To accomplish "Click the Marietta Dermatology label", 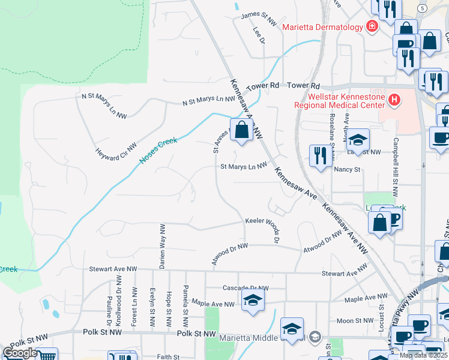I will pyautogui.click(x=322, y=27).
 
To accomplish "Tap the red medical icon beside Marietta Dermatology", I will pyautogui.click(x=372, y=27).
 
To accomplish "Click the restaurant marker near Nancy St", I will pyautogui.click(x=319, y=155).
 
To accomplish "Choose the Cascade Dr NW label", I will pyautogui.click(x=244, y=287).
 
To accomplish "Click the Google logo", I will pyautogui.click(x=20, y=353).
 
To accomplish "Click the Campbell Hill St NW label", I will pyautogui.click(x=395, y=169).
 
